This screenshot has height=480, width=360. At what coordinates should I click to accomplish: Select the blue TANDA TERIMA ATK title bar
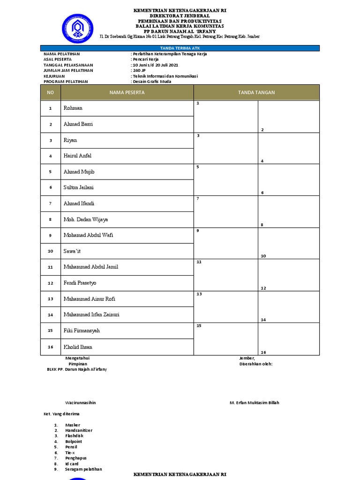tap(180, 48)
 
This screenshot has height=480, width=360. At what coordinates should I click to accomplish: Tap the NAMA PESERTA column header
tap(127, 93)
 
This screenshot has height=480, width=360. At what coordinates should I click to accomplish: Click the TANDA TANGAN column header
tap(256, 93)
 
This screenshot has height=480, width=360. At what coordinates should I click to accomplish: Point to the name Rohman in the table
tap(73, 108)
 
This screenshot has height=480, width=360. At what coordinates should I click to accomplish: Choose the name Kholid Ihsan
tap(78, 347)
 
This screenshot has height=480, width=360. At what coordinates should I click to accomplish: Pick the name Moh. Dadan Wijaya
tap(86, 219)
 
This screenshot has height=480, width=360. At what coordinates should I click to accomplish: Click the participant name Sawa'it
tap(72, 251)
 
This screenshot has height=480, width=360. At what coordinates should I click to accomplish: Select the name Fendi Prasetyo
tap(80, 283)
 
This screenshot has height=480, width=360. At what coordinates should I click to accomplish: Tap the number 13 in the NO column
tap(50, 299)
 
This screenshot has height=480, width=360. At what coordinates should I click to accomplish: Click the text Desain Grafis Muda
tap(152, 82)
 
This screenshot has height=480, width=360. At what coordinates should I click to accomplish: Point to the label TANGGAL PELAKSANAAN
tap(68, 65)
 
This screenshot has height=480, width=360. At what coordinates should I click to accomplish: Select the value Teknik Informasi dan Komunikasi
tap(165, 76)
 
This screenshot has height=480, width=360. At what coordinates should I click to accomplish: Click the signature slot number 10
tap(263, 256)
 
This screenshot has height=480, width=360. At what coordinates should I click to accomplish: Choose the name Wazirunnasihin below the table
tap(81, 403)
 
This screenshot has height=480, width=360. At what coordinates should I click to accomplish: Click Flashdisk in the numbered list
tap(75, 436)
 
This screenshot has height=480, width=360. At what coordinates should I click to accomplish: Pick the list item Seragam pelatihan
tap(83, 469)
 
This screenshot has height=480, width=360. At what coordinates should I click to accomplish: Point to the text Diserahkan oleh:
tap(255, 364)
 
